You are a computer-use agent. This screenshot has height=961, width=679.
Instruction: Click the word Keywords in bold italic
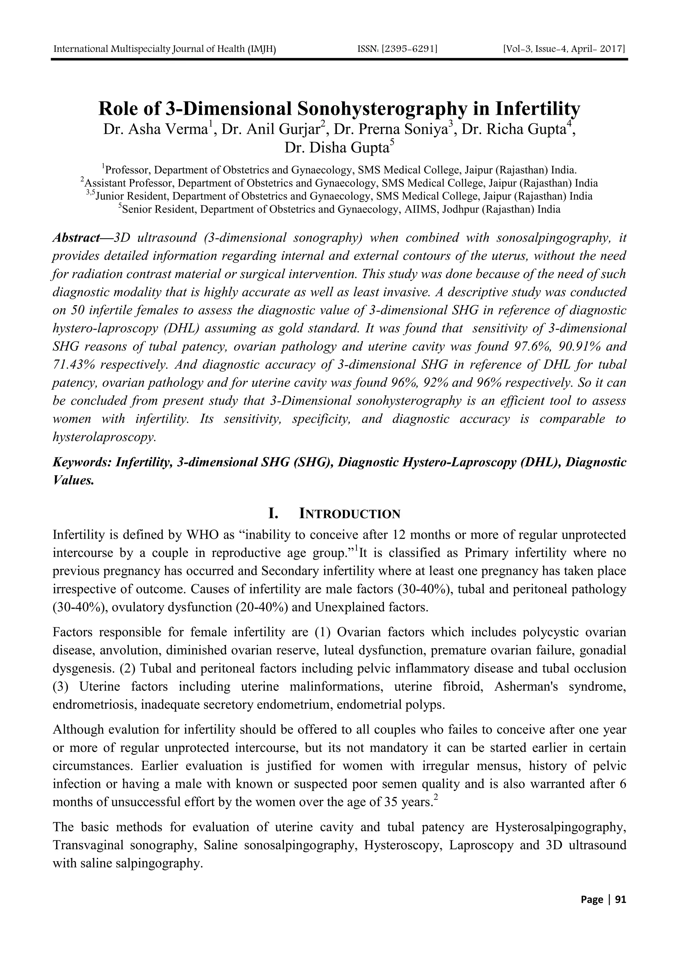(x=82, y=462)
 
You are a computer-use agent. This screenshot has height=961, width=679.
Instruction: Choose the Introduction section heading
(x=349, y=514)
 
